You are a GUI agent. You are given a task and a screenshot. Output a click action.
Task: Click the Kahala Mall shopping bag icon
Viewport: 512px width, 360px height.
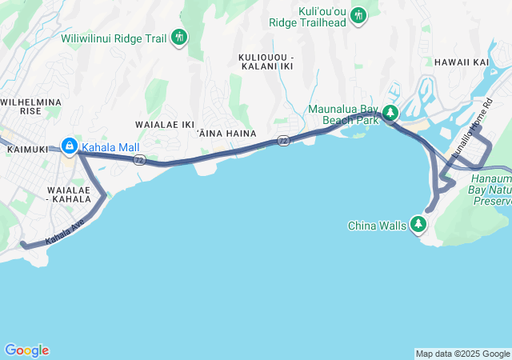(x=70, y=146)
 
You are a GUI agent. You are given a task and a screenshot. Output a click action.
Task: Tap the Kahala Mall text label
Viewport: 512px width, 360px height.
(x=110, y=147)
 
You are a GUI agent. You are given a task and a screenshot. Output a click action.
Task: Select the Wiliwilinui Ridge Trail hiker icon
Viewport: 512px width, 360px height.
(x=179, y=36)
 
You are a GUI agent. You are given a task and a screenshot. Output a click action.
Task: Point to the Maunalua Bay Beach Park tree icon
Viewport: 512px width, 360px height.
(x=390, y=114)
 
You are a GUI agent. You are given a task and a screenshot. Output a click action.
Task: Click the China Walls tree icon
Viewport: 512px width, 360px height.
(x=418, y=225)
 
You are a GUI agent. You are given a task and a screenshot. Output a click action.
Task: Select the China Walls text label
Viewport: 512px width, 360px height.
(x=377, y=226)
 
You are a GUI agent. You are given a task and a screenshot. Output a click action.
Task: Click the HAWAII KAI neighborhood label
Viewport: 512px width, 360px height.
(x=461, y=62)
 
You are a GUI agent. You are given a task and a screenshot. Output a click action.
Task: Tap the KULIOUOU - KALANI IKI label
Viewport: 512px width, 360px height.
(x=266, y=62)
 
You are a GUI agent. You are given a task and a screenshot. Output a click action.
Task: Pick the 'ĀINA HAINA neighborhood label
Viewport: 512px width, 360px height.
(x=226, y=133)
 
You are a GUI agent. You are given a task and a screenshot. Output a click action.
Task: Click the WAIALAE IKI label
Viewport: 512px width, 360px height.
(x=165, y=125)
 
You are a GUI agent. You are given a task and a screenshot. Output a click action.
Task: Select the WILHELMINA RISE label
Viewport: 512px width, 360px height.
(x=30, y=106)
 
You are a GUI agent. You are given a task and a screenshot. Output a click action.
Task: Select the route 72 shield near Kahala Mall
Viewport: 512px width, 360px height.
(x=139, y=160)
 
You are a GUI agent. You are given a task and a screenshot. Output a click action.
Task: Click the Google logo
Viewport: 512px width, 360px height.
(x=26, y=350)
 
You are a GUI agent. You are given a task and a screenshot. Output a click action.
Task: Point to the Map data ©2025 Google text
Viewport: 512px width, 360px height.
(x=462, y=354)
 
